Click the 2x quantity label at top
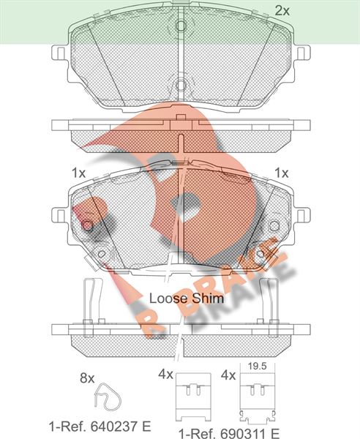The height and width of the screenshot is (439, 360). coord(282,11)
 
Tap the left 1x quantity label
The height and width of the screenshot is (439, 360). coord(78,173)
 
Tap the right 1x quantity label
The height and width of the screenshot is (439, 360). coord(281,173)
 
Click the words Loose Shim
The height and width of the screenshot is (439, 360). coord(187,299)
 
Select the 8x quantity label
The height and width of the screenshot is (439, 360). coord(87,378)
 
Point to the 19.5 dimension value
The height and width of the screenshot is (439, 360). coord(258,367)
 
